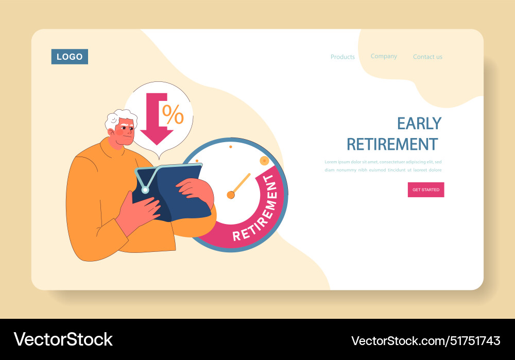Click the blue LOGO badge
70,57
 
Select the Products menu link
342,57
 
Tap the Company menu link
384,56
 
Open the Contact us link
427,57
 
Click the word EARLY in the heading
419,124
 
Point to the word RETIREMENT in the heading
392,144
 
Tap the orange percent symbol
173,114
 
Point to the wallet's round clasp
145,190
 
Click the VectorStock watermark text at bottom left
63,339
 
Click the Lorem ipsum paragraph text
383,166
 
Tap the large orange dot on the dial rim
264,160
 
